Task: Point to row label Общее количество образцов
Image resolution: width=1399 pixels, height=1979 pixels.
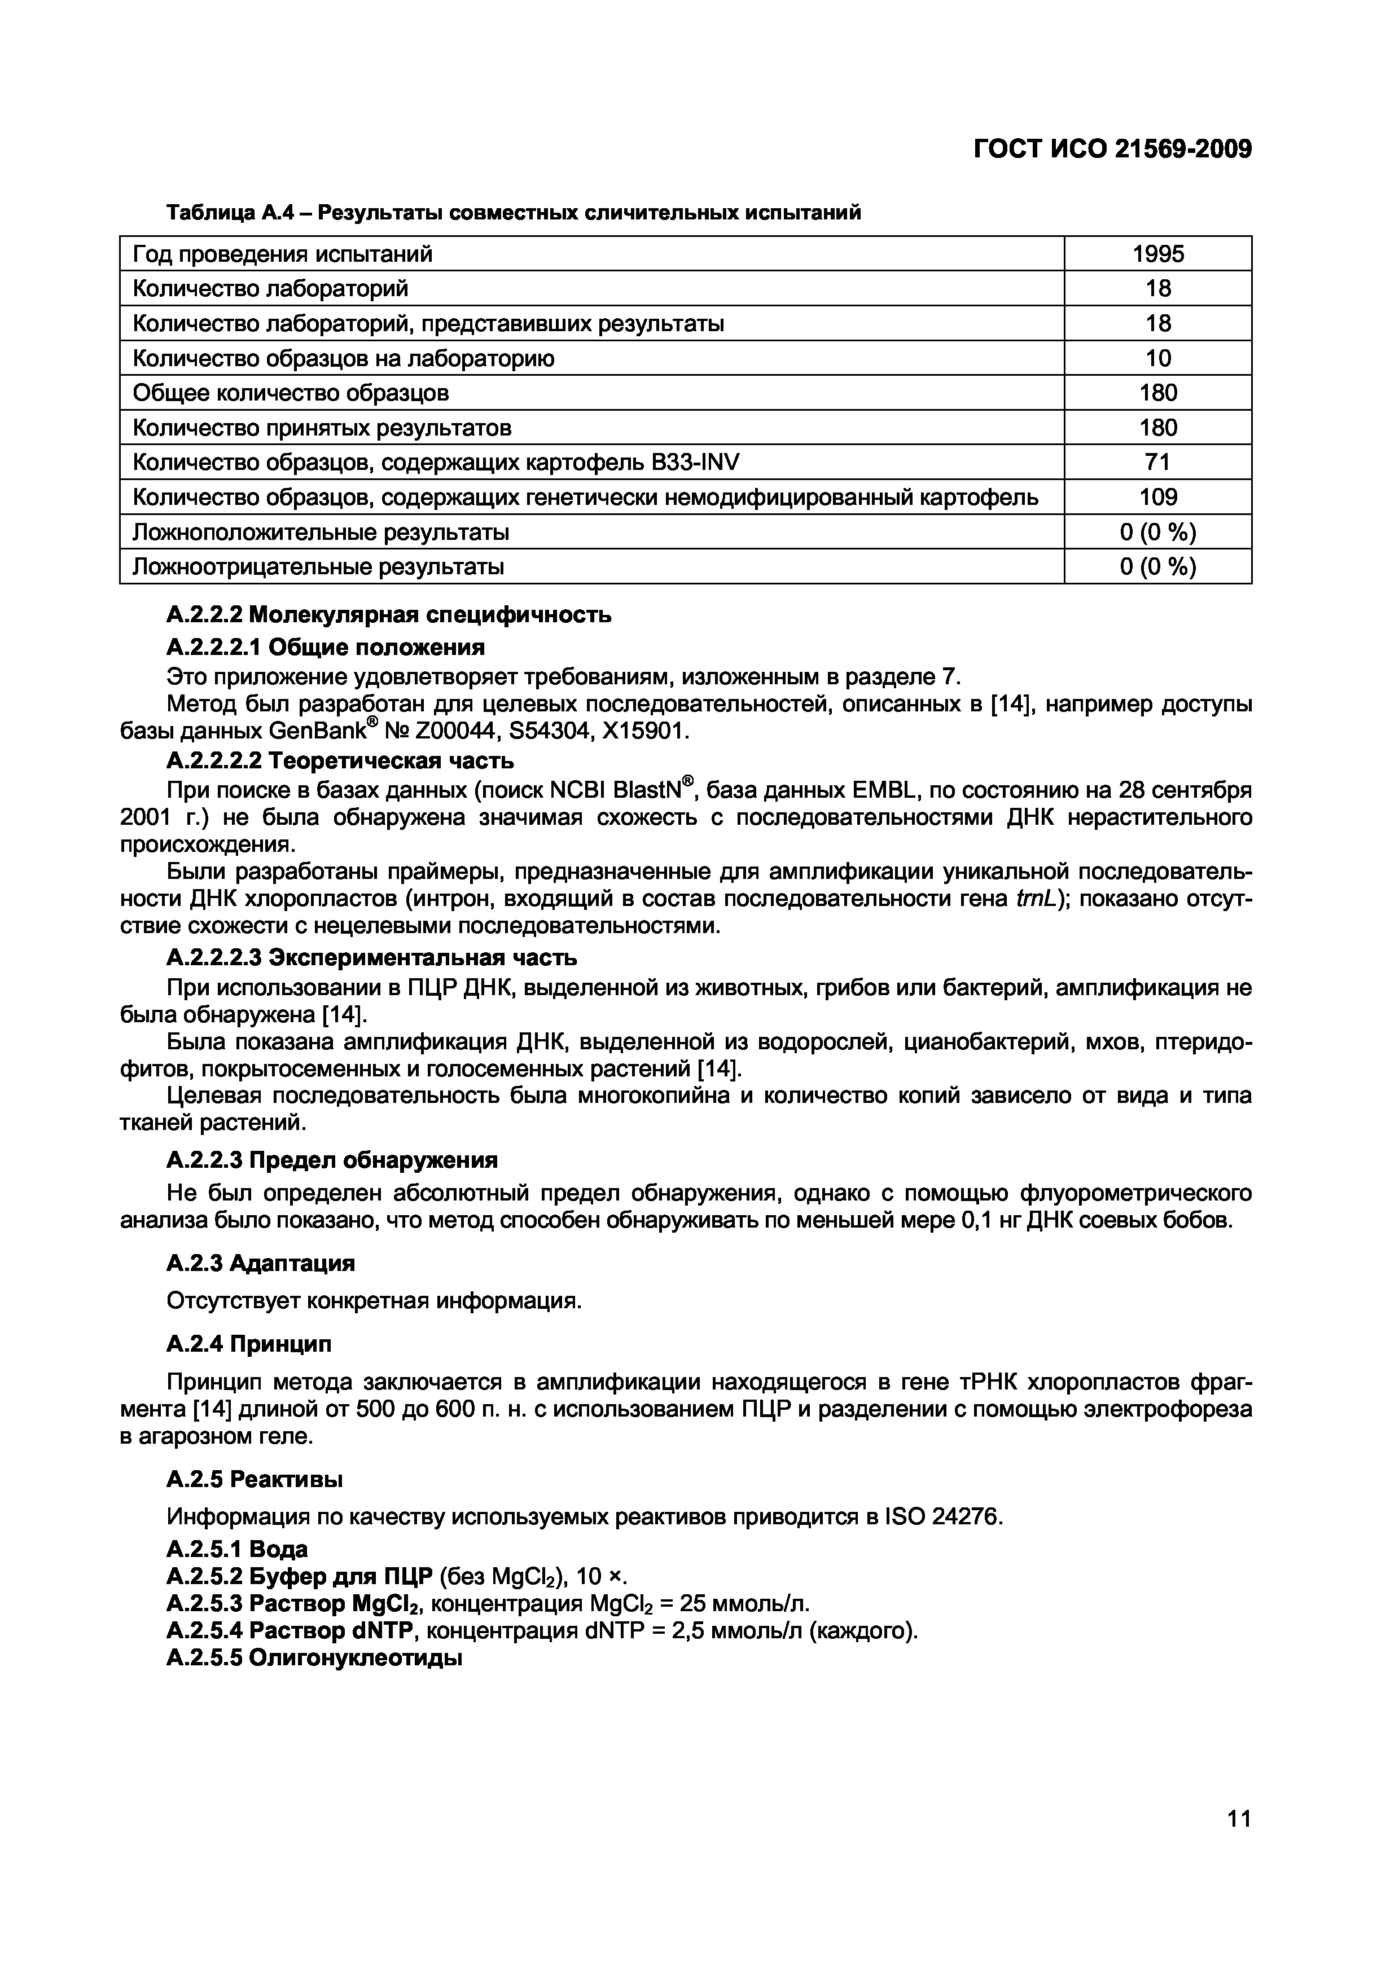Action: pos(291,393)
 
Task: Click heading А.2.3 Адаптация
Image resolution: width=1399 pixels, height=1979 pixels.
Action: pos(260,1264)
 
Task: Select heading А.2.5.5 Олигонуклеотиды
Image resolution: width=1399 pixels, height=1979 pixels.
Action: pos(315,1657)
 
